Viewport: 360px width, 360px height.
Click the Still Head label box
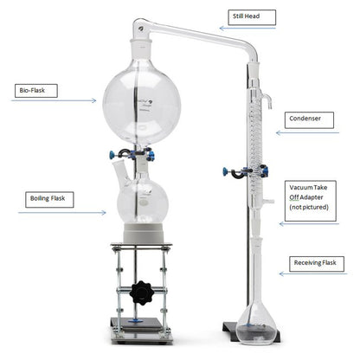pos(252,17)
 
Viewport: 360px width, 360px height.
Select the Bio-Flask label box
pos(36,91)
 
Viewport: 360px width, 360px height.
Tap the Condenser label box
pos(309,120)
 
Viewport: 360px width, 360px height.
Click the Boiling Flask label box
pos(49,200)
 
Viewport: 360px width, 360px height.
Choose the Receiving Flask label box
pos(317,264)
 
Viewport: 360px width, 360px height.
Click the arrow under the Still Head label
pos(247,29)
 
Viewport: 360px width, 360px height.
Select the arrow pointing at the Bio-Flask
pos(54,100)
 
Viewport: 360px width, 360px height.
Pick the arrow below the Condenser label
pos(307,132)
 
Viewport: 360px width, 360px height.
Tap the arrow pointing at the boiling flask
pos(62,213)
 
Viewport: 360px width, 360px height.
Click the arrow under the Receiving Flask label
pos(313,273)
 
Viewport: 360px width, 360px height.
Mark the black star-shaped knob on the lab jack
pos(141,292)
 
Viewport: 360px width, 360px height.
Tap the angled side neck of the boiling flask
pos(121,172)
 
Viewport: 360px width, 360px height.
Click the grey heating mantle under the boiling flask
pos(144,233)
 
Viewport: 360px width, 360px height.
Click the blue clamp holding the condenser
pos(245,171)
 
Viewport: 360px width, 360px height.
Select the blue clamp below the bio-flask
pos(132,154)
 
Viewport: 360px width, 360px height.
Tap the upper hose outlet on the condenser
pos(267,100)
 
